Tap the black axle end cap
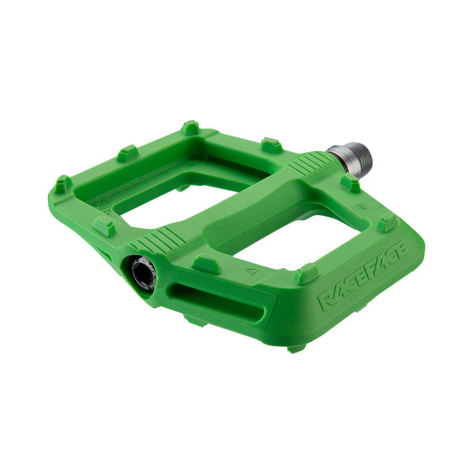click(x=142, y=273)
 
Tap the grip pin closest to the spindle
click(x=350, y=183)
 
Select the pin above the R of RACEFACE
click(x=306, y=274)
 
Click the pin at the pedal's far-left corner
click(x=62, y=184)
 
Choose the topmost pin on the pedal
click(x=190, y=128)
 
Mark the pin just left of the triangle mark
click(x=206, y=263)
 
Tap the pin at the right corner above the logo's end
click(x=387, y=222)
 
